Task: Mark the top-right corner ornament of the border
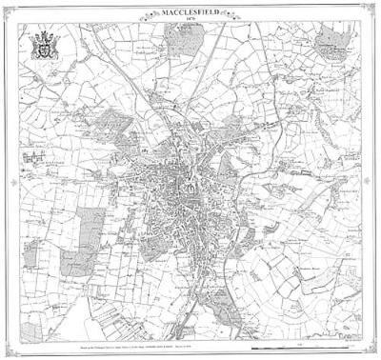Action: (373, 8)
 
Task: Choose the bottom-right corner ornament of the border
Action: (373, 352)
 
